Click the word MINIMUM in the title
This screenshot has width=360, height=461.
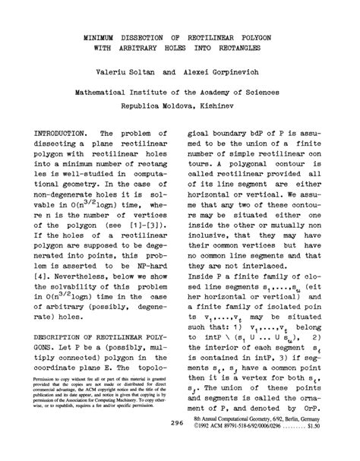coord(101,36)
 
